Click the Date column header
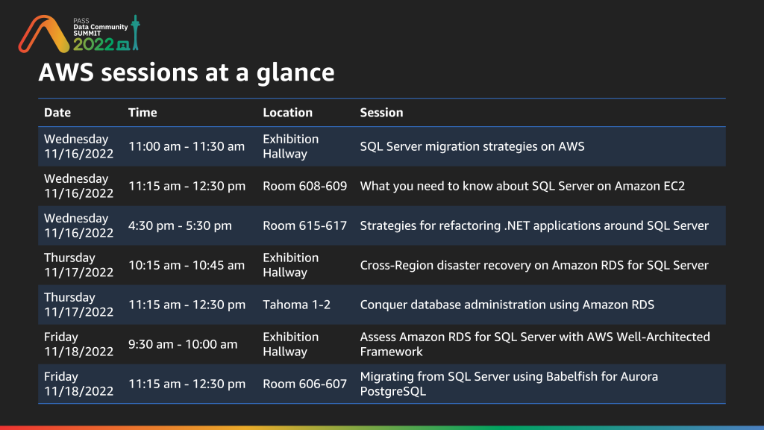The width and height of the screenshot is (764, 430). click(57, 113)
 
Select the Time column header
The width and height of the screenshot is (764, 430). click(143, 113)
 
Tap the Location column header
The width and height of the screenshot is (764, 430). click(287, 113)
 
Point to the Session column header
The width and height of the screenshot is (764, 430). click(381, 113)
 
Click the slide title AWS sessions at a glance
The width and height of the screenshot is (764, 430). click(187, 72)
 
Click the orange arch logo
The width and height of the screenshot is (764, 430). click(44, 34)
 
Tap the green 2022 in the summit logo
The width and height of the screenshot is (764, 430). click(93, 44)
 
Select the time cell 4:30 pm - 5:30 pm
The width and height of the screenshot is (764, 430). click(180, 225)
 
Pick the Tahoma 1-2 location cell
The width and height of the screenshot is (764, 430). click(296, 305)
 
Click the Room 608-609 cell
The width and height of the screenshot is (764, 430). click(304, 186)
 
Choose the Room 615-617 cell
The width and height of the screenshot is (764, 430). click(304, 225)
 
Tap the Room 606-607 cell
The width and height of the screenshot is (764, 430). click(304, 384)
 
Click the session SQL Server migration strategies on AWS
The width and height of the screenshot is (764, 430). click(472, 147)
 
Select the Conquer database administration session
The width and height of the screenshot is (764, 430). click(507, 305)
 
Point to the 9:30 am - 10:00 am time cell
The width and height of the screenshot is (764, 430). click(183, 344)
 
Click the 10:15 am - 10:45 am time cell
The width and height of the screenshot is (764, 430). click(186, 265)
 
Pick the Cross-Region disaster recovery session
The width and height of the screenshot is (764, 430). click(534, 265)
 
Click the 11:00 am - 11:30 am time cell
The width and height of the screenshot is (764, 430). click(186, 147)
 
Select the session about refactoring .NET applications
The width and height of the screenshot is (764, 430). click(534, 225)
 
